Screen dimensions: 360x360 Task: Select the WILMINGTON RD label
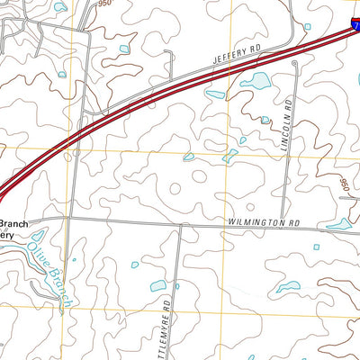pos(262,220)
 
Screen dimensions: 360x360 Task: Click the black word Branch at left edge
pos(15,223)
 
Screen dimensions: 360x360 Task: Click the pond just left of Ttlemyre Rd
pos(158,286)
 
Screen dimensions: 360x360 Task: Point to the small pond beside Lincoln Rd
pos(265,120)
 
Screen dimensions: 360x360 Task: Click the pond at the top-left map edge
pos(59,6)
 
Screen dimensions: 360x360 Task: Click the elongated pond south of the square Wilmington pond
pos(288,288)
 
